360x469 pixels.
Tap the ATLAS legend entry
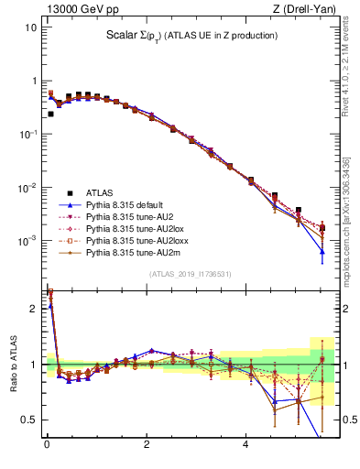(100, 192)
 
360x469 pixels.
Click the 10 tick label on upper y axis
(29, 27)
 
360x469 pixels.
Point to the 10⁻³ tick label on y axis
(27, 241)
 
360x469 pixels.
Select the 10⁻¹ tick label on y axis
(27, 135)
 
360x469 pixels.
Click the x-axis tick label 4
(245, 445)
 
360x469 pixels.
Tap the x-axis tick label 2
(146, 445)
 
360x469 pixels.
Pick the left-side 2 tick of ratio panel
(33, 308)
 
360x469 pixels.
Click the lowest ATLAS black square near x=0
(50, 115)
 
